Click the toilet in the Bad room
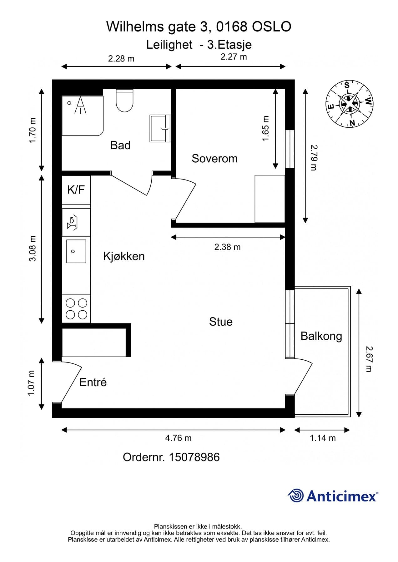tap(124, 101)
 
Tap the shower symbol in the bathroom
tap(80, 105)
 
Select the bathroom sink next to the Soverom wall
tap(160, 128)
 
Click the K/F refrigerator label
tap(76, 190)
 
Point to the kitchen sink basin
tap(76, 251)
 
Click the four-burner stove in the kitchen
tap(76, 309)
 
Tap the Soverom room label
tap(214, 159)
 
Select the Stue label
tap(221, 322)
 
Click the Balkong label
tap(321, 336)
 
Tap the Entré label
tap(93, 382)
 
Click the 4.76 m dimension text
tap(178, 438)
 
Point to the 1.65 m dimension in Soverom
tap(265, 129)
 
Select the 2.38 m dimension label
tap(227, 247)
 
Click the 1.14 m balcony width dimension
tap(323, 438)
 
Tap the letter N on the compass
tap(352, 123)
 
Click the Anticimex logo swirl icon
tap(296, 495)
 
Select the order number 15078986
tap(194, 457)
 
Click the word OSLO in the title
tap(271, 27)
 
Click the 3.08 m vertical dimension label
tap(33, 249)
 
